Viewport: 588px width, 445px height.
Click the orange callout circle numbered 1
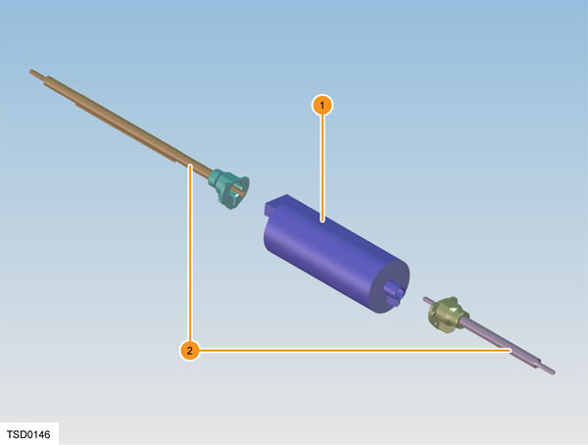tap(321, 106)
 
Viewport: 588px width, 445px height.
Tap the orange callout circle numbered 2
tap(190, 351)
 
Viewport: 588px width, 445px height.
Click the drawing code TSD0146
tap(28, 434)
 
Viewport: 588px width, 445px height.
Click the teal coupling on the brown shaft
tap(229, 187)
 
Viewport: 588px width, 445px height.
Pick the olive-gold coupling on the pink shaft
tap(447, 314)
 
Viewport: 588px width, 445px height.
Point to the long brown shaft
tap(120, 124)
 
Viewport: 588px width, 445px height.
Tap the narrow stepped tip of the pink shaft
tap(547, 369)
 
